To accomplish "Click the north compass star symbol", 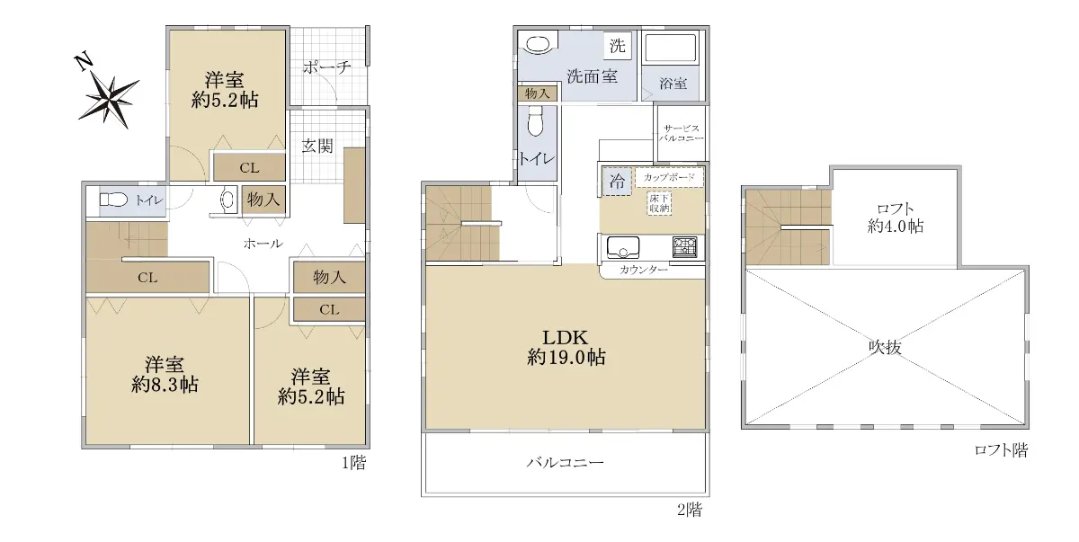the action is click(x=109, y=101).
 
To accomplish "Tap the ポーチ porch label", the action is click(x=327, y=67).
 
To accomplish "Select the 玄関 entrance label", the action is click(x=317, y=146).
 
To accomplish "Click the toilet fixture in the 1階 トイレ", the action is click(x=113, y=200).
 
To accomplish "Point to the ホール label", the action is click(x=263, y=244).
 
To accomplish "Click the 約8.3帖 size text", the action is click(x=165, y=385).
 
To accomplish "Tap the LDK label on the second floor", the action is click(x=566, y=337).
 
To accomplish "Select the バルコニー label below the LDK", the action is click(x=565, y=463).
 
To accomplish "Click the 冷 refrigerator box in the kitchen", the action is click(x=617, y=181).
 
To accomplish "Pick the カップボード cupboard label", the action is click(x=669, y=177).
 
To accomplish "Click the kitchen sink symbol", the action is click(x=623, y=247).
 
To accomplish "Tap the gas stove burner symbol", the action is click(x=684, y=247).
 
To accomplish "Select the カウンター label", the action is click(x=644, y=270).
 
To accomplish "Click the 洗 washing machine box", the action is click(x=618, y=46).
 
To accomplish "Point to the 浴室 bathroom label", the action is click(x=673, y=84).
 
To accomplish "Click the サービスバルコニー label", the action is click(x=682, y=133).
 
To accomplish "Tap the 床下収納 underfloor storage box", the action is click(x=659, y=203).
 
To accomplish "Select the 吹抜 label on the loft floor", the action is click(x=885, y=347).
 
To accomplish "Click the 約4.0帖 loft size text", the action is click(x=896, y=226).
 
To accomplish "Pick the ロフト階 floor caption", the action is click(x=1001, y=450).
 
